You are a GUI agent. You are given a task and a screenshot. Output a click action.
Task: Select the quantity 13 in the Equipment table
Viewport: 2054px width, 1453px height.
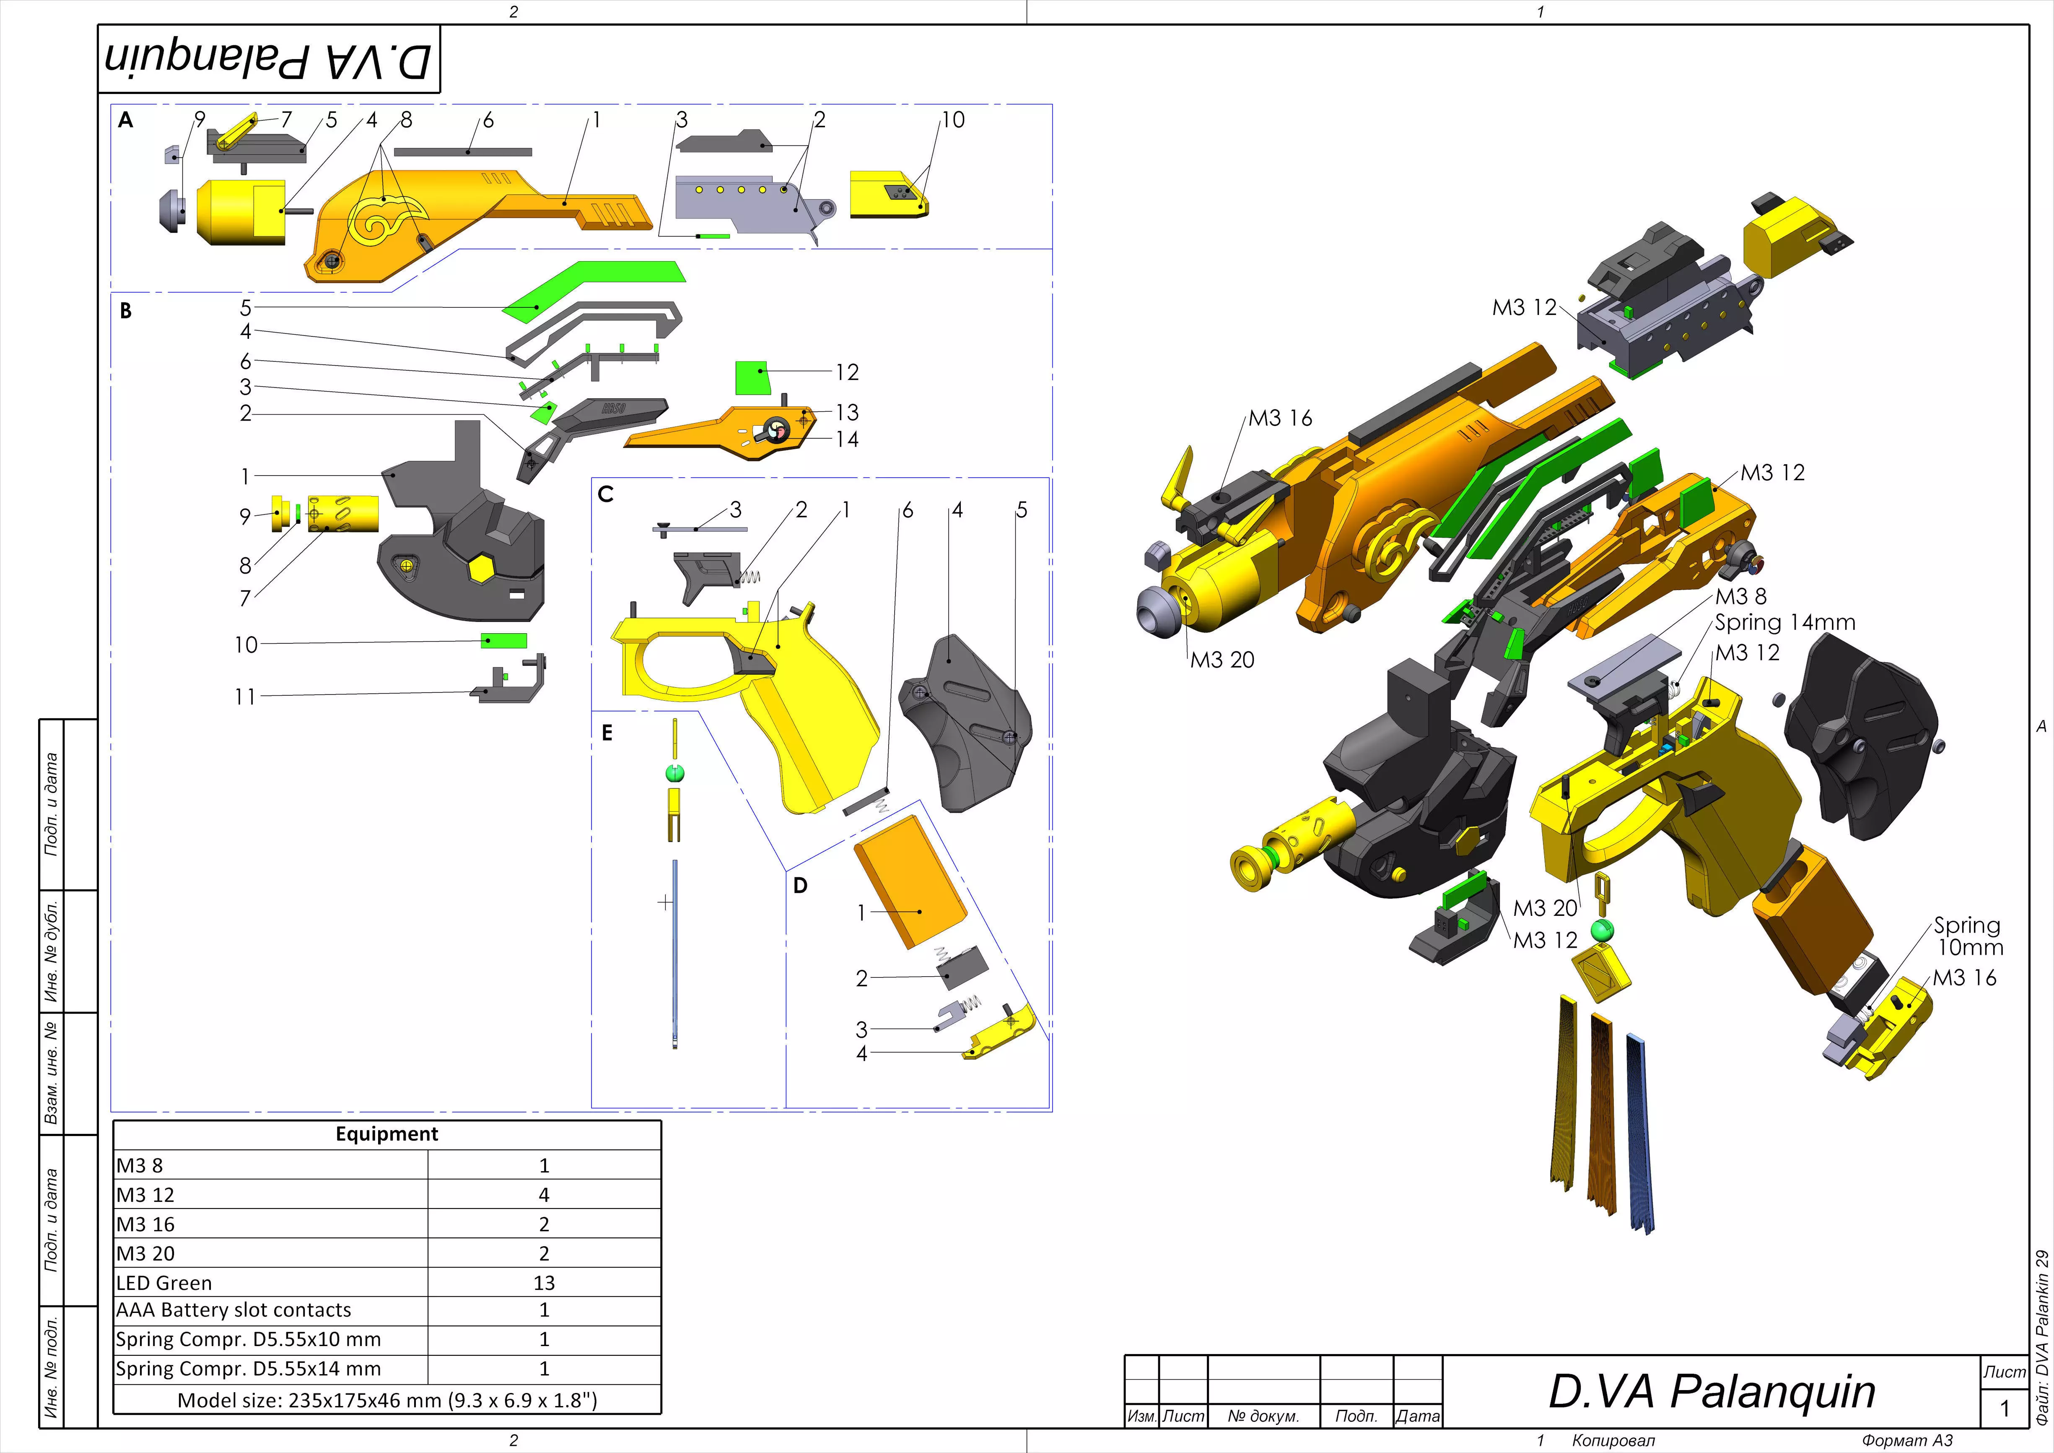pyautogui.click(x=544, y=1283)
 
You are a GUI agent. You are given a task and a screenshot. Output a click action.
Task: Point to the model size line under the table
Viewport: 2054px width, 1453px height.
pyautogui.click(x=386, y=1400)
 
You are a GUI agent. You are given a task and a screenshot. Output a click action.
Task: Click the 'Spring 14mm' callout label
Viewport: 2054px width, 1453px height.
pyautogui.click(x=1785, y=623)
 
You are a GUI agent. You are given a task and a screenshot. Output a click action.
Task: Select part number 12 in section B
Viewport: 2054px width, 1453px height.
pyautogui.click(x=846, y=372)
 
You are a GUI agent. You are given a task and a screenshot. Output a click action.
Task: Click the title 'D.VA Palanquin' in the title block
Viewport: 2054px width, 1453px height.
pyautogui.click(x=1712, y=1392)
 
